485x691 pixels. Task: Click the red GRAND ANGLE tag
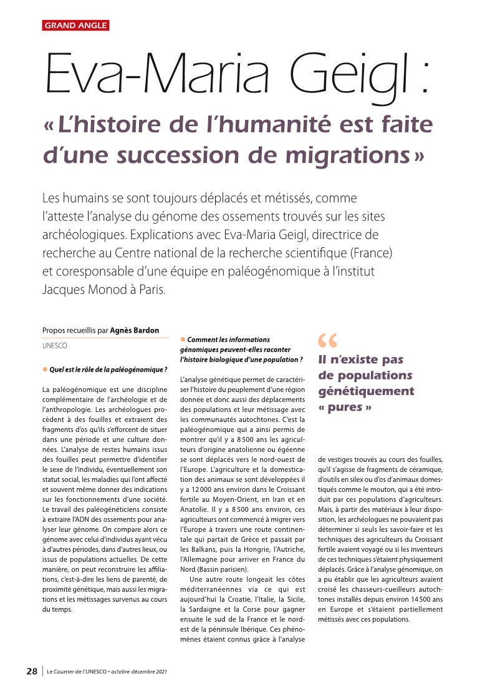point(75,26)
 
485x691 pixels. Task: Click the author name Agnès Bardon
point(134,330)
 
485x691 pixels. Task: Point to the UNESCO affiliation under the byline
point(55,345)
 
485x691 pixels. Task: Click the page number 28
point(32,672)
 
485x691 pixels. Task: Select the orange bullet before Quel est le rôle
point(45,369)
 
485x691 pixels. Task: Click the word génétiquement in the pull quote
point(366,391)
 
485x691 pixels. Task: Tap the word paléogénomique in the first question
point(138,369)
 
